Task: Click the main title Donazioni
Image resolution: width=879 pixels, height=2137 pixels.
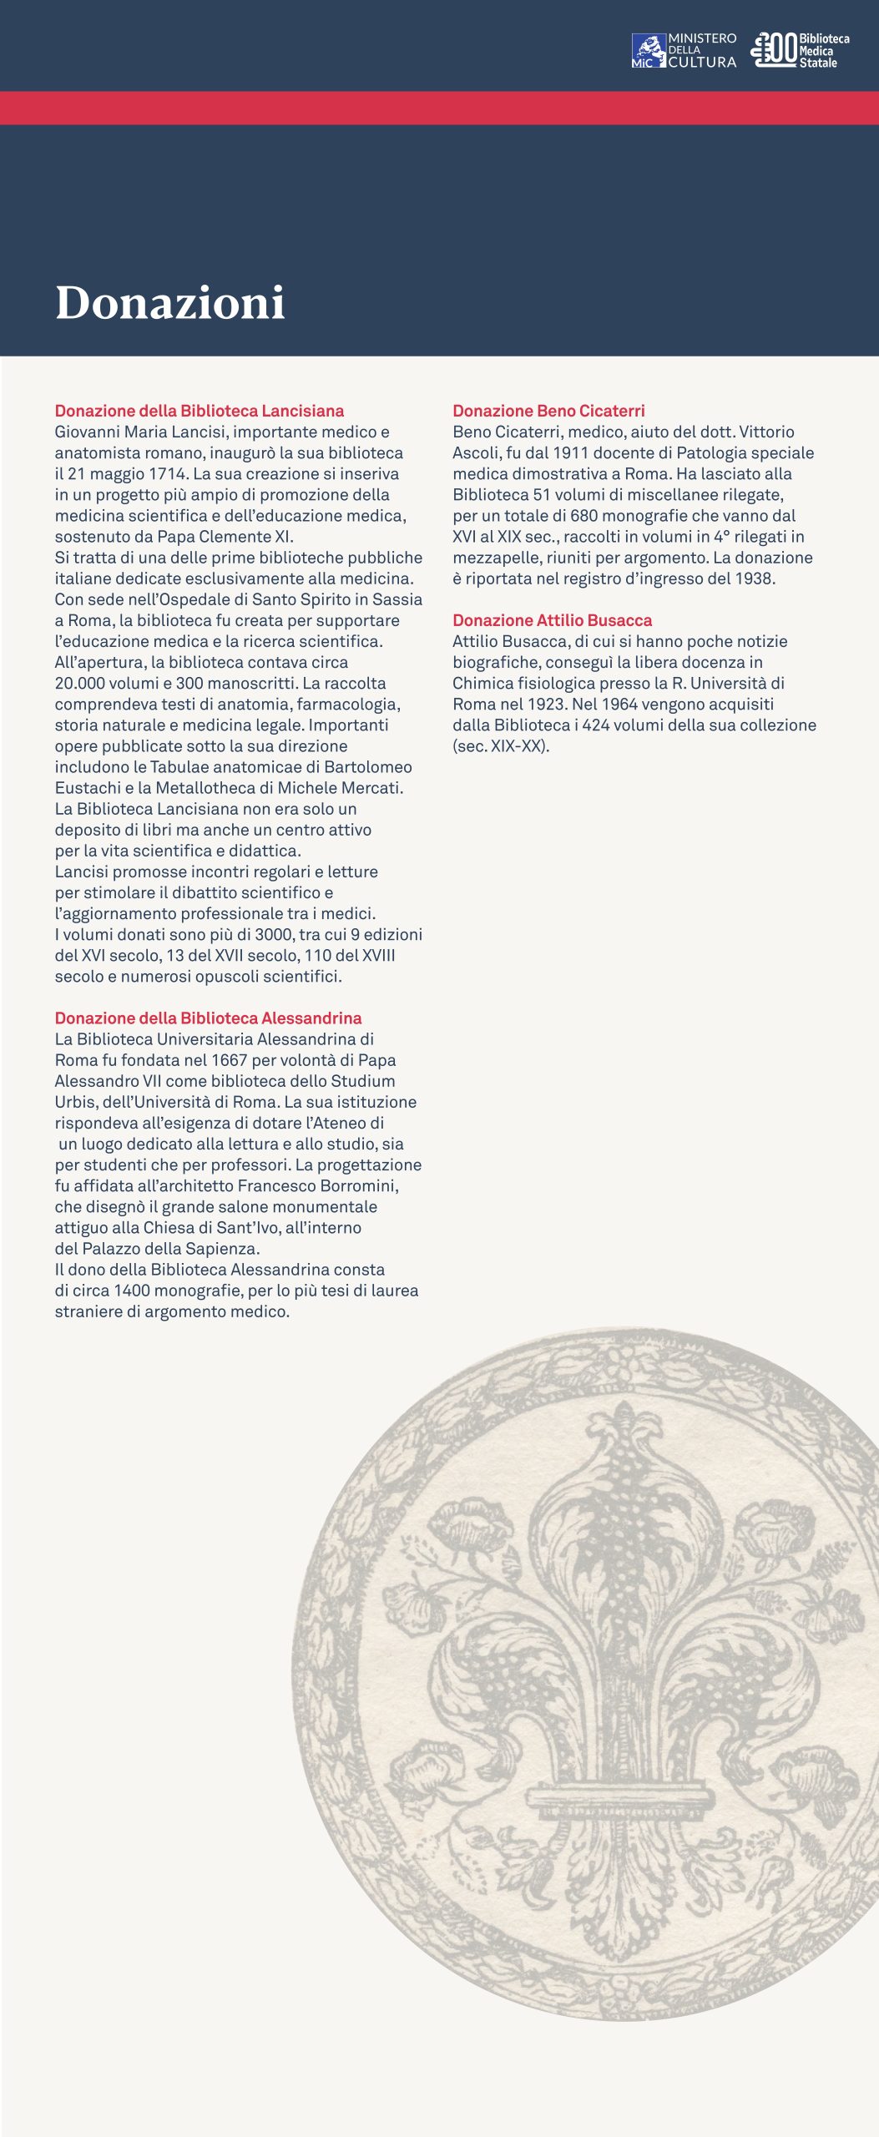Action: tap(170, 302)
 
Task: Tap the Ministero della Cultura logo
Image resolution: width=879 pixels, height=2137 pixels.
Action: tap(684, 50)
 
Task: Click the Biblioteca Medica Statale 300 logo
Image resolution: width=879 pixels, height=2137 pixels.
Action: tap(800, 50)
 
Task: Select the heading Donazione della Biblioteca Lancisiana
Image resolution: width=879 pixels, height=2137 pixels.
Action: tap(200, 411)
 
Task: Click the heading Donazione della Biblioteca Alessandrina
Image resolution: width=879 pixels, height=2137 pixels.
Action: tap(208, 1018)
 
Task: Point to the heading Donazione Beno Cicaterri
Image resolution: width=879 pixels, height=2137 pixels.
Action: tap(548, 411)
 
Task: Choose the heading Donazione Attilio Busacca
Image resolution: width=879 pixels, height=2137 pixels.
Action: tap(552, 620)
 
